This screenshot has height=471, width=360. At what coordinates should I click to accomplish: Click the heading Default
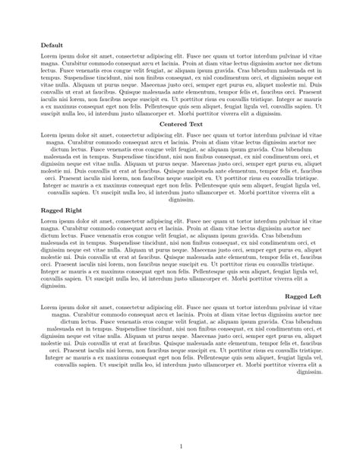[52, 46]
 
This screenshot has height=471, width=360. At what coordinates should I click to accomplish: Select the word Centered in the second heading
[165, 123]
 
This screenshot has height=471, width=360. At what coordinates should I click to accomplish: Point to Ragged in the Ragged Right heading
[53, 208]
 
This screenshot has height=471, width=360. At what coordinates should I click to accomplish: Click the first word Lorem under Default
[49, 57]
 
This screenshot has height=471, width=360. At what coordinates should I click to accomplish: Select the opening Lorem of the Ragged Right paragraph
[49, 220]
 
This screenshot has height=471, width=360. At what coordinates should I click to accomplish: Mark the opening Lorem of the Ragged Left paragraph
[49, 305]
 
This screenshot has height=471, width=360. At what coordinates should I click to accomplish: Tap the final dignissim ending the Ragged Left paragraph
[308, 373]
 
